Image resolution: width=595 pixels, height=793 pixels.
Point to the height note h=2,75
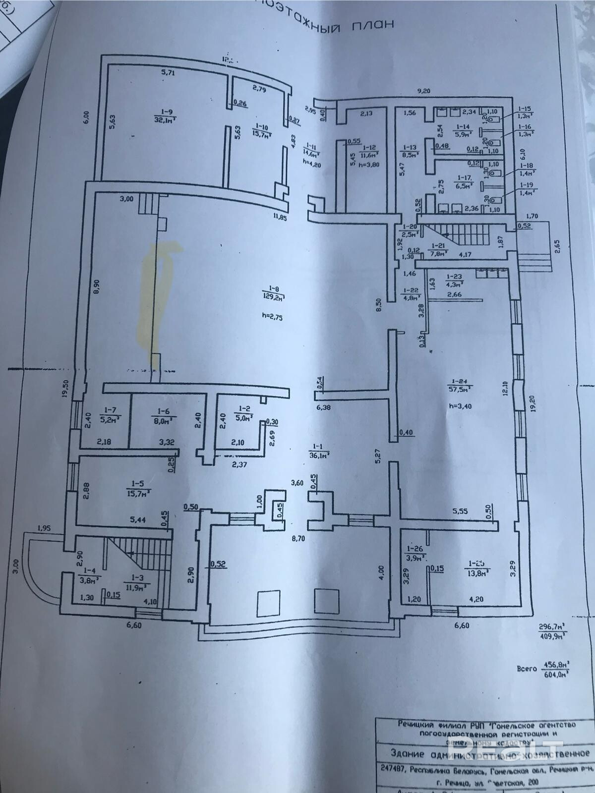pos(272,319)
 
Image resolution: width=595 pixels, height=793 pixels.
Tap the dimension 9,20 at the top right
pos(423,91)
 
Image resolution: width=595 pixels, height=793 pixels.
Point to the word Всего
pos(527,669)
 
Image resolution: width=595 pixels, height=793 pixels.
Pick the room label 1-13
pos(410,147)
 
